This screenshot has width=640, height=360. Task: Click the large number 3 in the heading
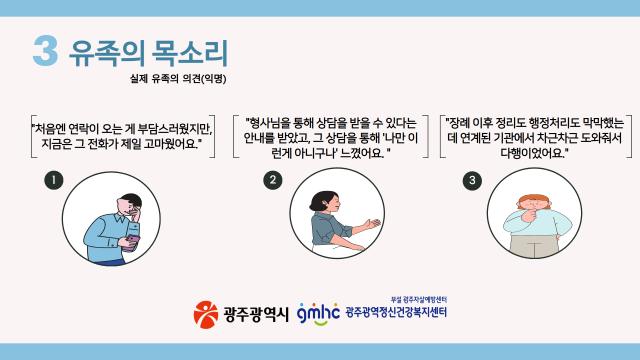click(45, 52)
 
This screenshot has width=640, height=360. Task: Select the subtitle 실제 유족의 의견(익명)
click(172, 78)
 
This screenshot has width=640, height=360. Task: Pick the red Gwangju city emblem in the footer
click(204, 313)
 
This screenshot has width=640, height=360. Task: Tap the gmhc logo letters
click(318, 312)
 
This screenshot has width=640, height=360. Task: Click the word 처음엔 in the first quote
click(53, 129)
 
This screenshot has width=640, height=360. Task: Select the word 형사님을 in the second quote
click(272, 122)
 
